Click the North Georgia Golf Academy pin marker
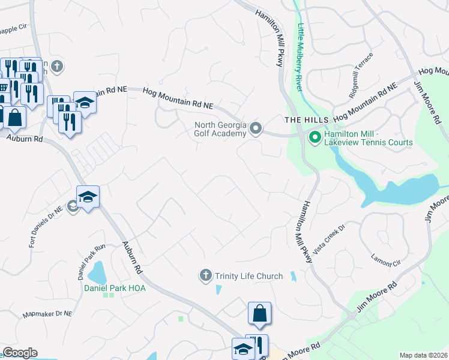(x=256, y=129)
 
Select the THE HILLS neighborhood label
(x=300, y=120)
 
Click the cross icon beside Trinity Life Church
(x=205, y=276)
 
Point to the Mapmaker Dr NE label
(x=47, y=314)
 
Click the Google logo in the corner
(x=20, y=353)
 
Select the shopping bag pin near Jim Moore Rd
(x=259, y=313)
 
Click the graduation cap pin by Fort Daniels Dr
(x=88, y=197)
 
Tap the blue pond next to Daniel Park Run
(x=97, y=273)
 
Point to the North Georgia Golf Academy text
(x=220, y=129)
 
